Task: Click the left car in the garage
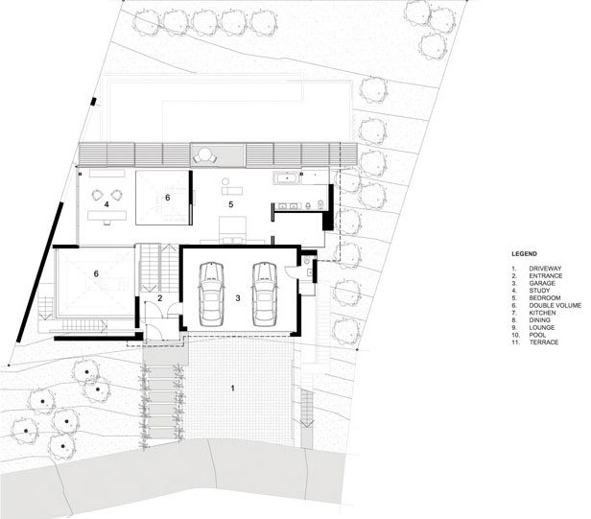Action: [x=211, y=295]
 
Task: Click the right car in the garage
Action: [x=264, y=295]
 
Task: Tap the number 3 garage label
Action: [x=238, y=298]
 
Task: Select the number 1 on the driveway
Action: [x=232, y=388]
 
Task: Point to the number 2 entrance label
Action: [x=160, y=298]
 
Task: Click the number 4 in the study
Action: [x=106, y=204]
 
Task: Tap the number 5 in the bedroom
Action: [x=230, y=204]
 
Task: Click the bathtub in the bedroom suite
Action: [x=287, y=177]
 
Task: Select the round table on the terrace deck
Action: [x=204, y=154]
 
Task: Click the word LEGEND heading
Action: [x=524, y=254]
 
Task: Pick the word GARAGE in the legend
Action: [x=542, y=283]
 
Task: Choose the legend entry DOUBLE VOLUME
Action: [x=556, y=305]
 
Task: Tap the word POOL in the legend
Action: [x=537, y=335]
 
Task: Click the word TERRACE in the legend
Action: [x=544, y=342]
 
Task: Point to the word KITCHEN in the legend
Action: [x=542, y=313]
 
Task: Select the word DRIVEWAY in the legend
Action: [x=545, y=269]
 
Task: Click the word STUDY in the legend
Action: [x=539, y=291]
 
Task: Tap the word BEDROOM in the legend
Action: [x=545, y=297]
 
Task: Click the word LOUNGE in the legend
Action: [x=542, y=327]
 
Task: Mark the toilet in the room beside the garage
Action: [x=306, y=260]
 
